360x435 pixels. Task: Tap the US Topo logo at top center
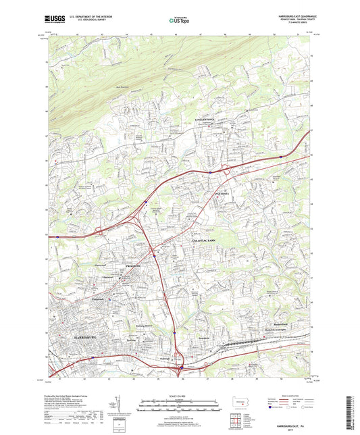pos(178,21)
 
